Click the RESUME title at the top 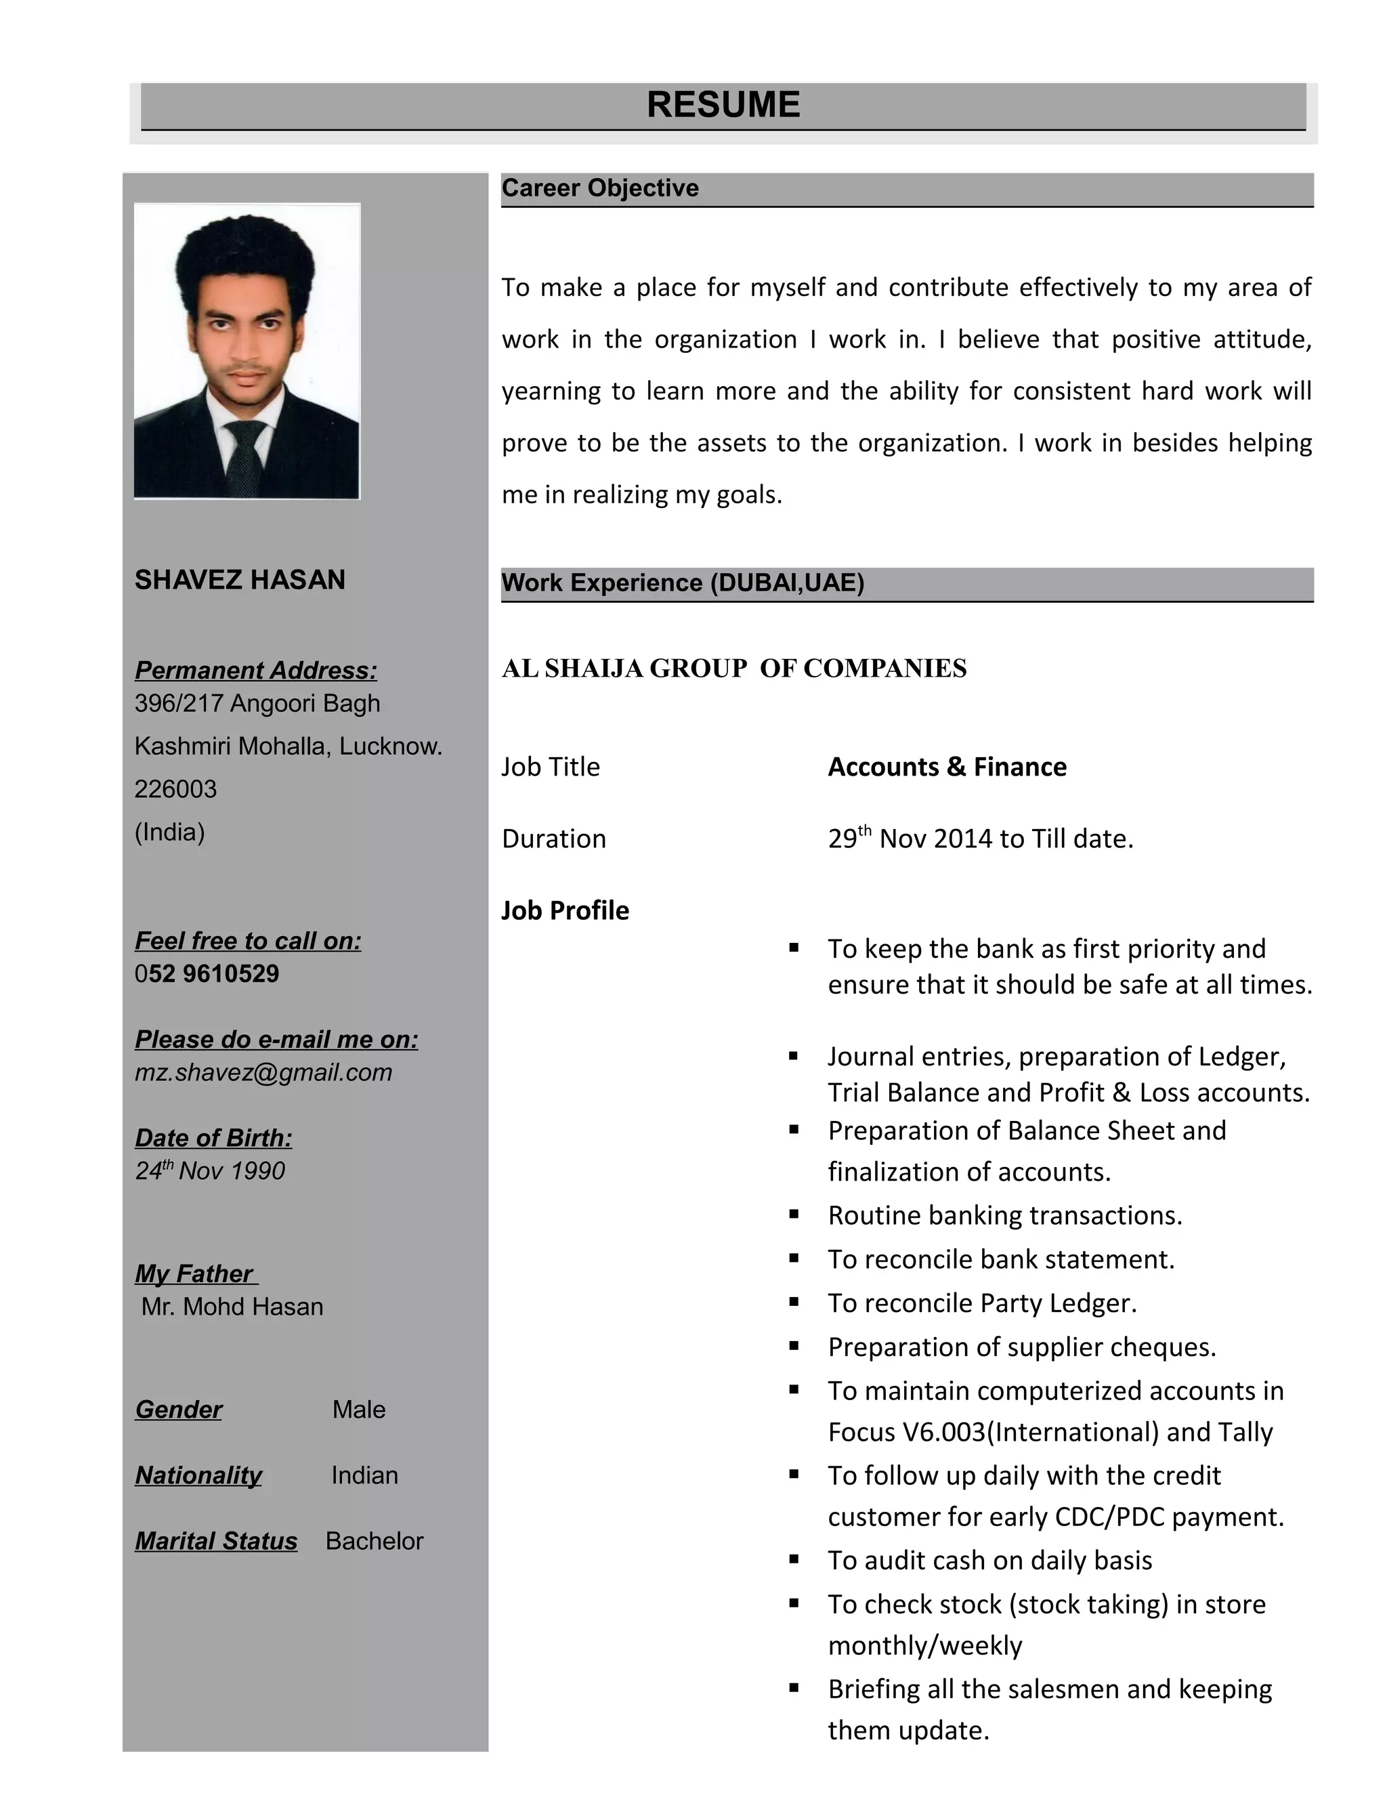tap(723, 105)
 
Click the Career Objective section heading tap(600, 188)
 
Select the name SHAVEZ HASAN tap(240, 580)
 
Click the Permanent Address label tap(255, 671)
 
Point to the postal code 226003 tap(176, 789)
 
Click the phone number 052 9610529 tap(207, 974)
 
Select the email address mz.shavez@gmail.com tap(263, 1072)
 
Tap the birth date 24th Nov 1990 tap(211, 1170)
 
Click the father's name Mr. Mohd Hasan tap(232, 1307)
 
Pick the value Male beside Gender tap(359, 1410)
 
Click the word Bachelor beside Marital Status tap(375, 1541)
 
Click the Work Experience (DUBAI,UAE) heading tap(683, 583)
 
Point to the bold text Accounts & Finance tap(947, 767)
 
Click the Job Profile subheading tap(566, 910)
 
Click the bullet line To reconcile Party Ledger tap(983, 1303)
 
